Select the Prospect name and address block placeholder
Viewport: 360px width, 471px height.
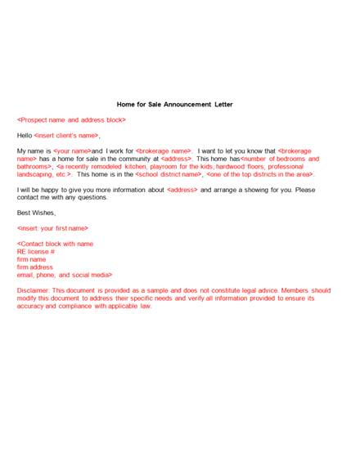[71, 120]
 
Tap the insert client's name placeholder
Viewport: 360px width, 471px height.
[67, 136]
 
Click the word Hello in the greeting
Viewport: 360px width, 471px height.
[25, 136]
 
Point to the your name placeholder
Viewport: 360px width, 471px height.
[72, 151]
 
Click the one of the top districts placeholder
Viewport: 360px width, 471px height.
[259, 174]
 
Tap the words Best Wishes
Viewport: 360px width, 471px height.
[36, 213]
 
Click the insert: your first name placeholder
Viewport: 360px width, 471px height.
[52, 228]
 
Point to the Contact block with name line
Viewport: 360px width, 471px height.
[55, 244]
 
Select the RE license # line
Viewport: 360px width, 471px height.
[38, 252]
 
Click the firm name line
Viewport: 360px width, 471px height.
[31, 259]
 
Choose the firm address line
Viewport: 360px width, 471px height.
[34, 267]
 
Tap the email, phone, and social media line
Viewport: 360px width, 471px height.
[65, 275]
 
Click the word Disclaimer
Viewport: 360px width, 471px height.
[34, 290]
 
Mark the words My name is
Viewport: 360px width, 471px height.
[34, 151]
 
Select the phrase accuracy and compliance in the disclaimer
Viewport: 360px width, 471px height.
[62, 306]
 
